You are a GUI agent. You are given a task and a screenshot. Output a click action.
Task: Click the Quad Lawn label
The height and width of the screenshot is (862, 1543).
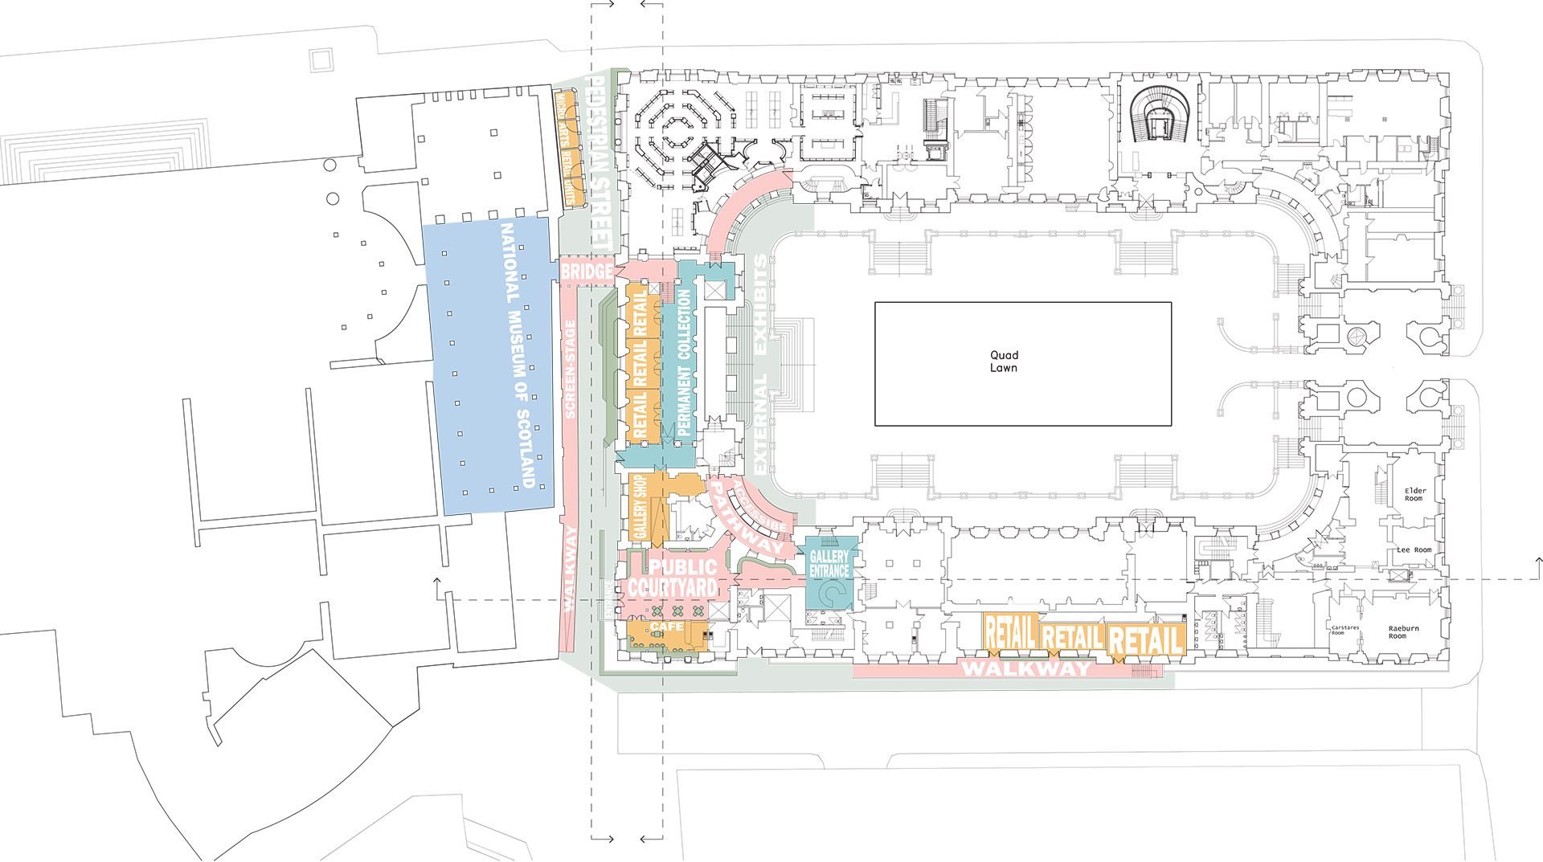1004,362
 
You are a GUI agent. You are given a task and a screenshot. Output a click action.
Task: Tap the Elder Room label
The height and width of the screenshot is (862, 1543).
1414,494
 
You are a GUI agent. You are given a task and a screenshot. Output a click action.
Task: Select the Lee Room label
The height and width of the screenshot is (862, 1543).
1414,550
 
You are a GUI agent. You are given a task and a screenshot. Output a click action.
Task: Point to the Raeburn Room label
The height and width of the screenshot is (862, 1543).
1403,632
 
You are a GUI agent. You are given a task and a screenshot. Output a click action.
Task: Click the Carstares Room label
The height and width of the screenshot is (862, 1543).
1344,630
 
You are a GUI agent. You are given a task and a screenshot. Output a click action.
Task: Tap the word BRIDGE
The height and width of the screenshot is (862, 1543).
587,272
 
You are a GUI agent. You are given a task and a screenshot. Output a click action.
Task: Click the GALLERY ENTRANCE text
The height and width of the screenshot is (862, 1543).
829,563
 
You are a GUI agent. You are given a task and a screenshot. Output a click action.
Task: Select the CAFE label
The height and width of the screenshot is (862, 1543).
667,627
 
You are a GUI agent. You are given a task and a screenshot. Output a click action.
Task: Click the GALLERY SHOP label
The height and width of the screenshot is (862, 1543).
641,506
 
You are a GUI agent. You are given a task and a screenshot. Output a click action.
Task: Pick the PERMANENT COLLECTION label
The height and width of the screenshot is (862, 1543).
684,363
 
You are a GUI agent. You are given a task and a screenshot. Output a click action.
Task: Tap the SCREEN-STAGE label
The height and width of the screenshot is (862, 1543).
570,369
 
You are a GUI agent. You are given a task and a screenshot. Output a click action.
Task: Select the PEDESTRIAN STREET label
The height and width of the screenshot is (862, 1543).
600,161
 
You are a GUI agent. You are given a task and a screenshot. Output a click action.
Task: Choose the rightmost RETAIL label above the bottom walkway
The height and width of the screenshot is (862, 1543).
1145,640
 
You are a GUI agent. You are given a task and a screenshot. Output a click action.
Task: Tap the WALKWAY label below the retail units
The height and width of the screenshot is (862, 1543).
1026,668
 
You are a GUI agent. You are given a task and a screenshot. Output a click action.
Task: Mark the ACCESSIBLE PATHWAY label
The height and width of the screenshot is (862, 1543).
747,514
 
